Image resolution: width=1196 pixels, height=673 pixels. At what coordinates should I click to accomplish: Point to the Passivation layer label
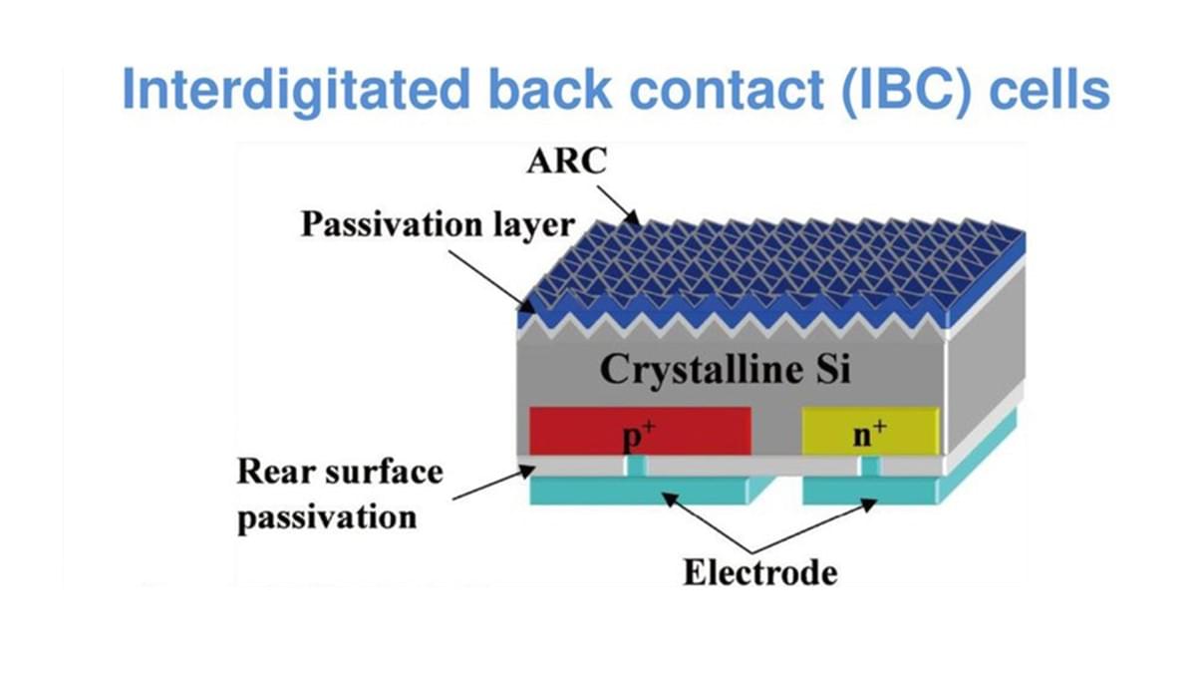(x=439, y=224)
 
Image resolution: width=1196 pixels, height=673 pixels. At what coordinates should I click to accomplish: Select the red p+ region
(x=639, y=431)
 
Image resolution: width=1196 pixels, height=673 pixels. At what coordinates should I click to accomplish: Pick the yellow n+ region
(x=871, y=430)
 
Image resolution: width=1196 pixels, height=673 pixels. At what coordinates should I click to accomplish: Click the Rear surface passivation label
(x=340, y=494)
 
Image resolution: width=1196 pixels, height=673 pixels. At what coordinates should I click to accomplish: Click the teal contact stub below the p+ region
(x=636, y=466)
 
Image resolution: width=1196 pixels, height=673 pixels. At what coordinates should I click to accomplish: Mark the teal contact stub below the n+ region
(x=871, y=466)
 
